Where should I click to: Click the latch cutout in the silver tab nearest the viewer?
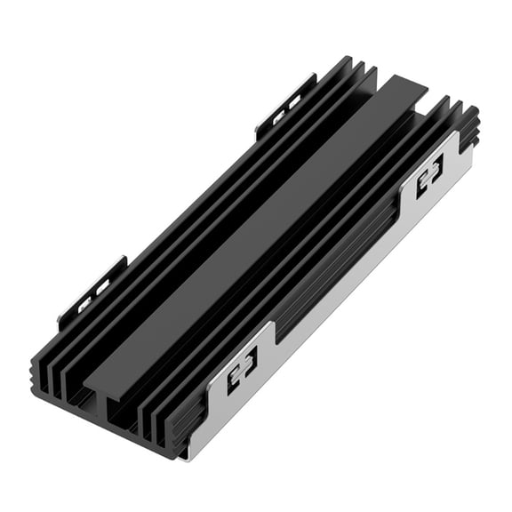coord(241,362)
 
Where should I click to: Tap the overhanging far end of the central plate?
coord(404,89)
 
